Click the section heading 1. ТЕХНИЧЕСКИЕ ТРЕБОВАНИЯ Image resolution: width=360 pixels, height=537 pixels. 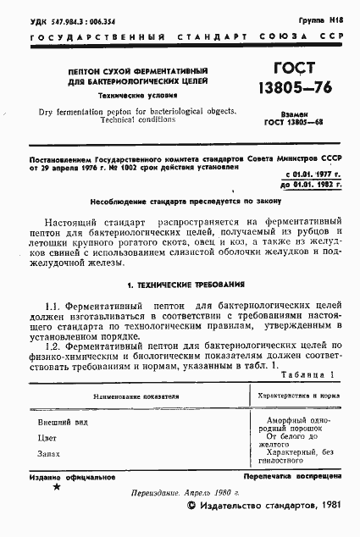pos(180,283)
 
